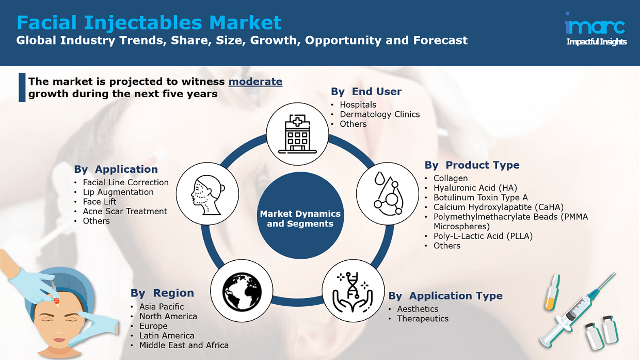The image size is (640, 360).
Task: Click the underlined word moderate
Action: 255,82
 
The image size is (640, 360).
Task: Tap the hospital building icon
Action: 297,134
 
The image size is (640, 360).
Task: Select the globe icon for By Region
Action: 242,291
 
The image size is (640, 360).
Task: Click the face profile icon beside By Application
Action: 208,195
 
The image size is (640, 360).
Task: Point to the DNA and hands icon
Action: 353,292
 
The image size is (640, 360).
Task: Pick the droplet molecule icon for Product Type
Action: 388,193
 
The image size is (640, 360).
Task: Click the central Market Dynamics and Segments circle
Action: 300,216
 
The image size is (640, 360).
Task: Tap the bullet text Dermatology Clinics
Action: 380,114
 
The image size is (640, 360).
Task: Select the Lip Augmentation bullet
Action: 118,192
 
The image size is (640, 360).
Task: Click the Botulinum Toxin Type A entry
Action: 481,197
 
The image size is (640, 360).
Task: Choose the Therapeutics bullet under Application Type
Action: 422,318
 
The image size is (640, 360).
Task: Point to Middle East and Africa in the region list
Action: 184,345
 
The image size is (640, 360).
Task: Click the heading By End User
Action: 366,92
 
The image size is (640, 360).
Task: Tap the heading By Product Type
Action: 472,165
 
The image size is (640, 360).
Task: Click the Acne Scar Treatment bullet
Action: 125,211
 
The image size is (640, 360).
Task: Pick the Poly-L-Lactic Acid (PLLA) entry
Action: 483,236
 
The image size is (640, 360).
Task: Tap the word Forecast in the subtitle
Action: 440,40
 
